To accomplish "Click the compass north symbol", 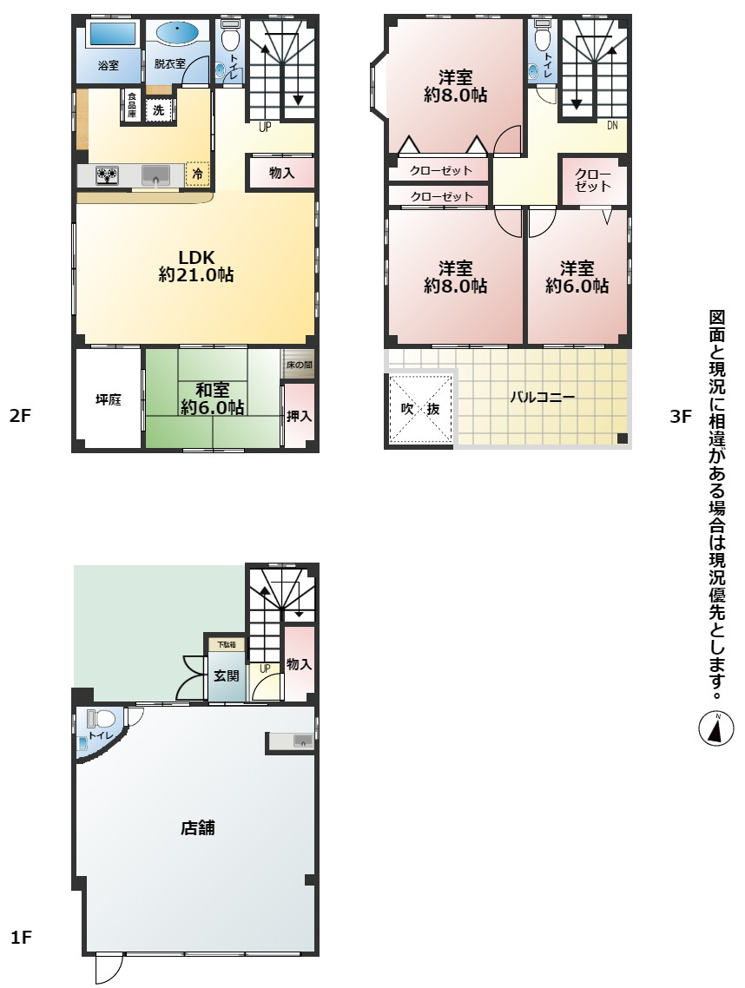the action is point(716,729).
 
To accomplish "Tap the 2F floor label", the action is point(20,416).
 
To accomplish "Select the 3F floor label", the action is point(681,416).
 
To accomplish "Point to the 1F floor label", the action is point(21,937).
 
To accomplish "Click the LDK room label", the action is point(196,257).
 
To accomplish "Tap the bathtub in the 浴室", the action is point(111,34).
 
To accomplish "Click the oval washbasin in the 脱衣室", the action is point(177,33).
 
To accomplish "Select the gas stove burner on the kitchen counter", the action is point(107,175).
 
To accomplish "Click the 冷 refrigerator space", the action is point(197,175).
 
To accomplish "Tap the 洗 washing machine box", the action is point(159,110).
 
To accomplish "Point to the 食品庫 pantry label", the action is point(132,105).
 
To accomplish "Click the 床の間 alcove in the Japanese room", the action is point(298,364).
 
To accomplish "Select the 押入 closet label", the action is point(299,416).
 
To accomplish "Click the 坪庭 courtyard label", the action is point(109,399).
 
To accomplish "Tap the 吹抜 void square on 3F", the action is point(421,408).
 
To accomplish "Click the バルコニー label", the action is point(542,397).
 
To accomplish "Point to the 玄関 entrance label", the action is point(227,676).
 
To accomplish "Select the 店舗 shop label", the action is point(198,827).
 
